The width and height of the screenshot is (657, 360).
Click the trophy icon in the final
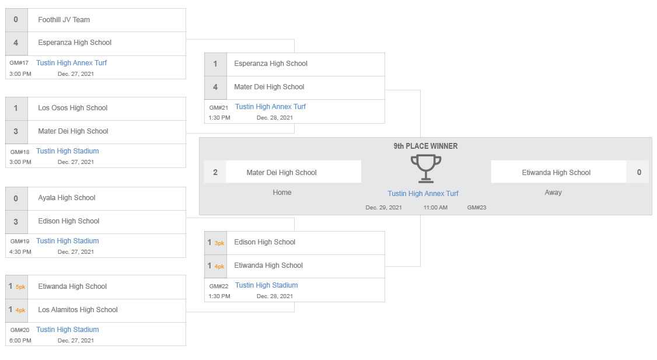click(426, 169)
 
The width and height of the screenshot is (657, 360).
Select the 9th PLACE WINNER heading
click(425, 146)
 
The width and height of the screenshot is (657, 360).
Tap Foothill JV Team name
click(64, 20)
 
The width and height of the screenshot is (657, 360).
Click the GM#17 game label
click(19, 63)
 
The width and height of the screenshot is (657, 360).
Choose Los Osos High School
click(72, 108)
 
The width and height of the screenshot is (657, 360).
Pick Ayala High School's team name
click(67, 198)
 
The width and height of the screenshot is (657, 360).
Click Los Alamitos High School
click(78, 310)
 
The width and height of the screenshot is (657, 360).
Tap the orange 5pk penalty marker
click(20, 287)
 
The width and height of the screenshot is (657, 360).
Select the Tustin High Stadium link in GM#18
click(68, 151)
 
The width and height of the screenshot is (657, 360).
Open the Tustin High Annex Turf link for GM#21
click(270, 106)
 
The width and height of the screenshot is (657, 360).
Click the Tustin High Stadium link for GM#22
click(267, 285)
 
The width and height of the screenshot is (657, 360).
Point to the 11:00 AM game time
click(435, 208)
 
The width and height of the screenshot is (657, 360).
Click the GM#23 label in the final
click(477, 208)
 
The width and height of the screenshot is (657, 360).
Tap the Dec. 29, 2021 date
click(383, 208)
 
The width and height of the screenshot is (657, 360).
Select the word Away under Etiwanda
click(553, 193)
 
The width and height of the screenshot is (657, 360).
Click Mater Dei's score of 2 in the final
click(215, 172)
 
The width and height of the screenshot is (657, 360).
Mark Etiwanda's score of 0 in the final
click(639, 172)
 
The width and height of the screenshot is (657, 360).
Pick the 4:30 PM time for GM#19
click(20, 252)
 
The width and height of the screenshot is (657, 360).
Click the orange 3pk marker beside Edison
click(219, 243)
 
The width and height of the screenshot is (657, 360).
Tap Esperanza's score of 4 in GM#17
click(16, 43)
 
